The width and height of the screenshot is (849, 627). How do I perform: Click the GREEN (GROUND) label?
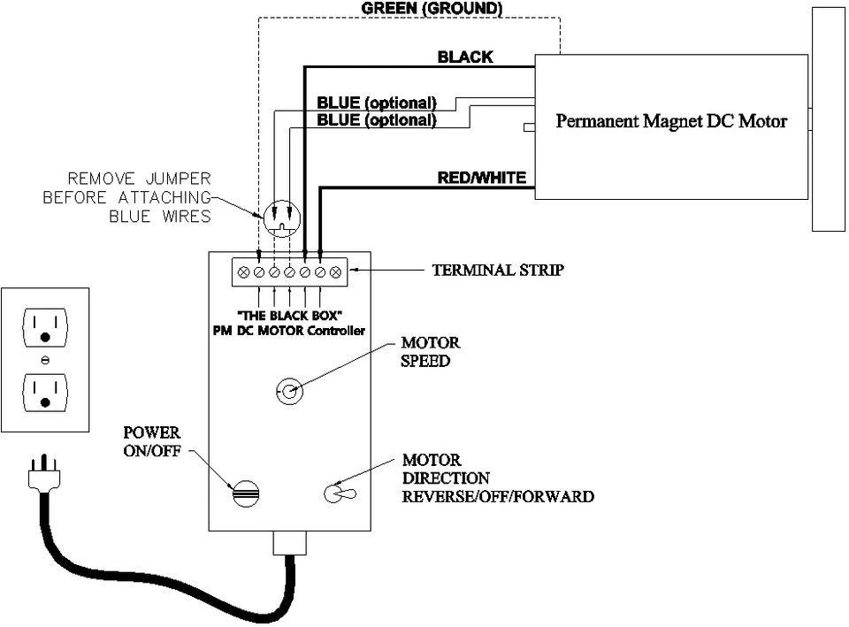(x=432, y=9)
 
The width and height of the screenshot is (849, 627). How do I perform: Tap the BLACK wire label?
(x=465, y=57)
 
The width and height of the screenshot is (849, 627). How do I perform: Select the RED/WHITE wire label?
(x=481, y=178)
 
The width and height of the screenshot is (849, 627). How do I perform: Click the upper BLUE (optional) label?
(x=377, y=103)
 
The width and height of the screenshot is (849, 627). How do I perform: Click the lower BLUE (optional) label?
(x=377, y=120)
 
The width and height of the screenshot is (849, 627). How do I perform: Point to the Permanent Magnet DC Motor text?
(x=671, y=121)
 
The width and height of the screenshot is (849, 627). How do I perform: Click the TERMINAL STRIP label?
(x=498, y=270)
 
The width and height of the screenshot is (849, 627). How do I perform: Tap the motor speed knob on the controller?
(x=289, y=391)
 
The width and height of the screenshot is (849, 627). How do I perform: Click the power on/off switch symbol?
(x=246, y=493)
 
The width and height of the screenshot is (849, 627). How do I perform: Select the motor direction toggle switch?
(x=340, y=493)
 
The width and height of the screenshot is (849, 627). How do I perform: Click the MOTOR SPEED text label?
(x=431, y=352)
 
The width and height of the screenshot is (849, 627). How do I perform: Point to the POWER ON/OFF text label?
(x=152, y=441)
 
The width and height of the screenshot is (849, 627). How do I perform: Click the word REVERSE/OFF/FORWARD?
(x=498, y=496)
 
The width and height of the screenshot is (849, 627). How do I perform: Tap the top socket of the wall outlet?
(x=45, y=327)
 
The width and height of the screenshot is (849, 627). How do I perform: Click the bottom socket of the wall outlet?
(x=45, y=393)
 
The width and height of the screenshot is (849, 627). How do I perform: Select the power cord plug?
(x=44, y=473)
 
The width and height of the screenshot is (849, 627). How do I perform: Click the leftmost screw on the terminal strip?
(x=244, y=272)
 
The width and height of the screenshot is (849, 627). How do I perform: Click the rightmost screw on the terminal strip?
(x=336, y=272)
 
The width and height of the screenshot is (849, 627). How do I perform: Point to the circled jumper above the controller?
(x=282, y=218)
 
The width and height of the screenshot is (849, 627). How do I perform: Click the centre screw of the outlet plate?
(x=45, y=360)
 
